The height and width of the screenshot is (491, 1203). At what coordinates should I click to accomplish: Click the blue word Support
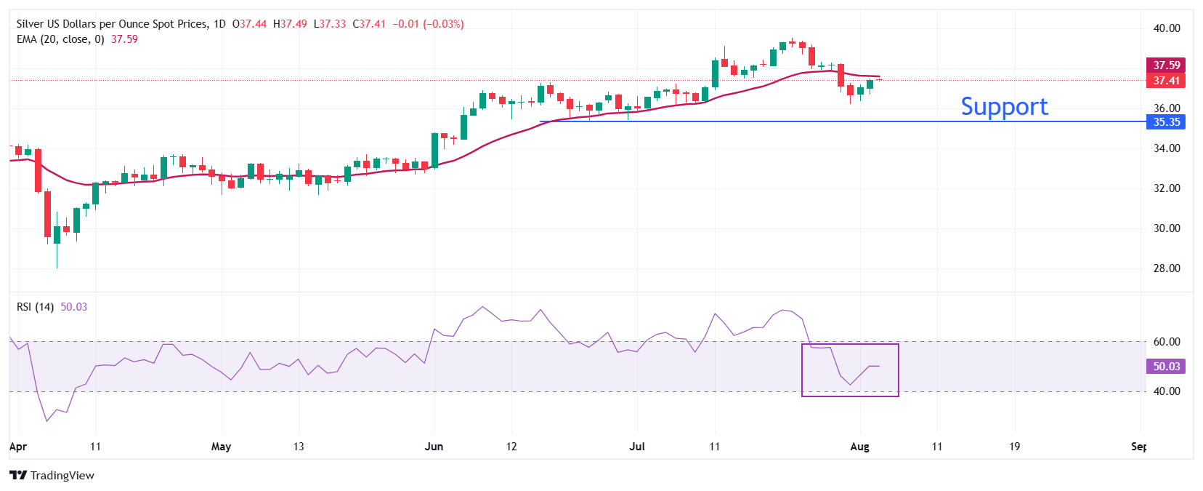[1004, 107]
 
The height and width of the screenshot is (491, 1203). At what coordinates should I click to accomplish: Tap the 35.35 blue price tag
[1165, 122]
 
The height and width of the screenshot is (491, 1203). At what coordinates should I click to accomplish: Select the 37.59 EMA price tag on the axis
[1165, 65]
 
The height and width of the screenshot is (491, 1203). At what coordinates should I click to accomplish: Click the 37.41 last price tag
[1165, 81]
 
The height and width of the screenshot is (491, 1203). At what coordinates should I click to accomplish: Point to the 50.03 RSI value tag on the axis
[1165, 367]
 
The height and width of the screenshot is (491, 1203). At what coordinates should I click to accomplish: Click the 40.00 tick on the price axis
[1167, 28]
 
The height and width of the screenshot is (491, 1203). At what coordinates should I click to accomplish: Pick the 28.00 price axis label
[1167, 268]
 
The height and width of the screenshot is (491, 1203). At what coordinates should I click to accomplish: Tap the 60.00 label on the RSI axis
[1167, 342]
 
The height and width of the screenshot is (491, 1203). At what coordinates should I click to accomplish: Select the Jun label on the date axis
[434, 447]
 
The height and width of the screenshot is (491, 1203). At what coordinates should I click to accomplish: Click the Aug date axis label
[859, 447]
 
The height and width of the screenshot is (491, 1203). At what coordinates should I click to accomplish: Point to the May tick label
[221, 447]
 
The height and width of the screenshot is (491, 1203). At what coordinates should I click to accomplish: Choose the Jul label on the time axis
[637, 447]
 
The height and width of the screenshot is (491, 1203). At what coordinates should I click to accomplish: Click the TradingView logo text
[62, 476]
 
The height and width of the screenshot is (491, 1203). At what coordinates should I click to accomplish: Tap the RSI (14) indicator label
[35, 307]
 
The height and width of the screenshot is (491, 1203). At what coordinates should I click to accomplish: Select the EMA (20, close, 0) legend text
[60, 39]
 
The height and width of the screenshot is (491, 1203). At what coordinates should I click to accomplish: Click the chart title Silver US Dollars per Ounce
[112, 24]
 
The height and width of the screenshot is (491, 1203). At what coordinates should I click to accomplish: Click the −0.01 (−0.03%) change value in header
[428, 24]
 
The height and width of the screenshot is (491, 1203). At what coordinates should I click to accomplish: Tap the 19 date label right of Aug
[1014, 447]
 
